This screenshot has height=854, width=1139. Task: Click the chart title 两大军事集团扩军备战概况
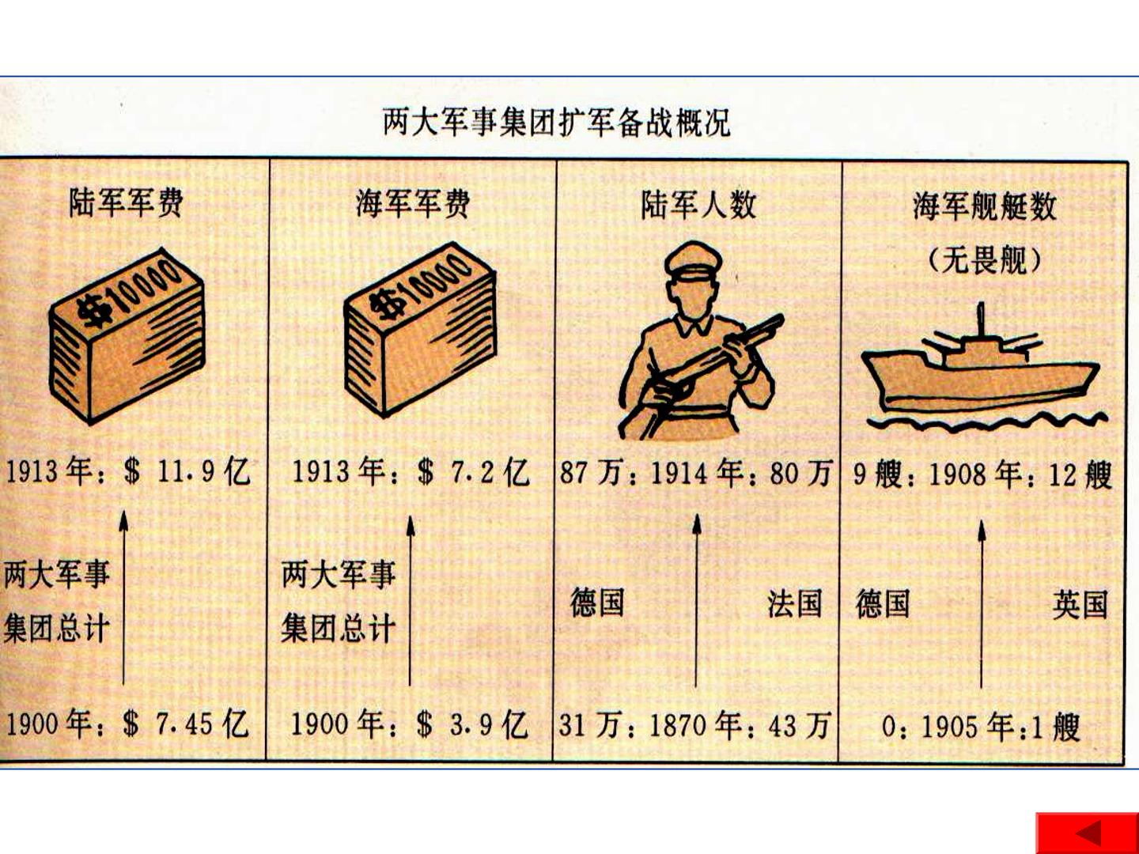556,122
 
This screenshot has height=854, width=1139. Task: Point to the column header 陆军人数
698,205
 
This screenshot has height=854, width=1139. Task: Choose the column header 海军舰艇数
985,206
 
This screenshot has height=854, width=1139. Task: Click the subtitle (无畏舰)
985,261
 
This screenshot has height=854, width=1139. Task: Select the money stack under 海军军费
420,329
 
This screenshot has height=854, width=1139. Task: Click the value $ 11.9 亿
187,472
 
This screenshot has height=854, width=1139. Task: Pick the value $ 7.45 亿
187,724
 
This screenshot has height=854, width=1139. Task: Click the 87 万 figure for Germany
592,473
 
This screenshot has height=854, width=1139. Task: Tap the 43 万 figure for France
800,724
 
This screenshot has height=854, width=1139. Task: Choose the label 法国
795,603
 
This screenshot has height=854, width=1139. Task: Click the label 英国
1080,604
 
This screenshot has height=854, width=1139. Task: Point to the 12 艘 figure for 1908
1081,474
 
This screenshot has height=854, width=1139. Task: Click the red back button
1088,833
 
